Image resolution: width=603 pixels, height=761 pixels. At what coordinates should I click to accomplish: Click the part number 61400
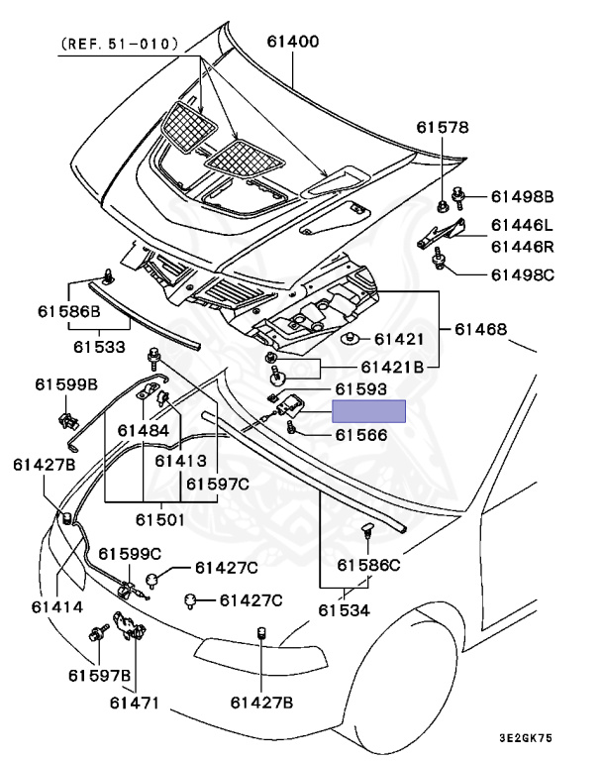click(x=292, y=43)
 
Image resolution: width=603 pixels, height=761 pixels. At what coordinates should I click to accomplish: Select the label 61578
click(x=442, y=128)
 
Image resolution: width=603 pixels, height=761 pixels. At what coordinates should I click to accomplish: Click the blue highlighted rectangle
click(x=368, y=411)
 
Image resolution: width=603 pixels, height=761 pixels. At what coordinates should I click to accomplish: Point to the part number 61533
click(x=99, y=347)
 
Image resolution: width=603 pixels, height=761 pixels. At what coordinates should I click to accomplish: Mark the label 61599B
click(x=66, y=383)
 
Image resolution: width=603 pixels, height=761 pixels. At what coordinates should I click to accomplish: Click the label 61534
click(x=344, y=610)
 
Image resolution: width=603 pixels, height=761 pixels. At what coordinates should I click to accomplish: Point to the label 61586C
click(x=367, y=565)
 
